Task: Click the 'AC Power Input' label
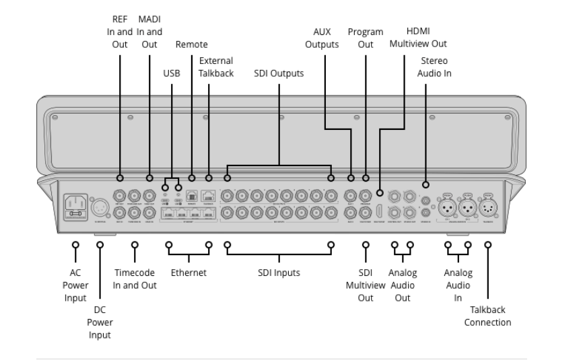pos(75,283)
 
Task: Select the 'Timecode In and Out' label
pos(135,279)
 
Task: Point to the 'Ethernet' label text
pos(187,273)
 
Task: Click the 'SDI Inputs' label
pos(279,273)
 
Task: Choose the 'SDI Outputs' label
pos(279,73)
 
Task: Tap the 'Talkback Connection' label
pos(488,316)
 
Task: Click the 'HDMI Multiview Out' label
pos(417,38)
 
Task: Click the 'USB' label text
pos(172,73)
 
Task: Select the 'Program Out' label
pos(366,38)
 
